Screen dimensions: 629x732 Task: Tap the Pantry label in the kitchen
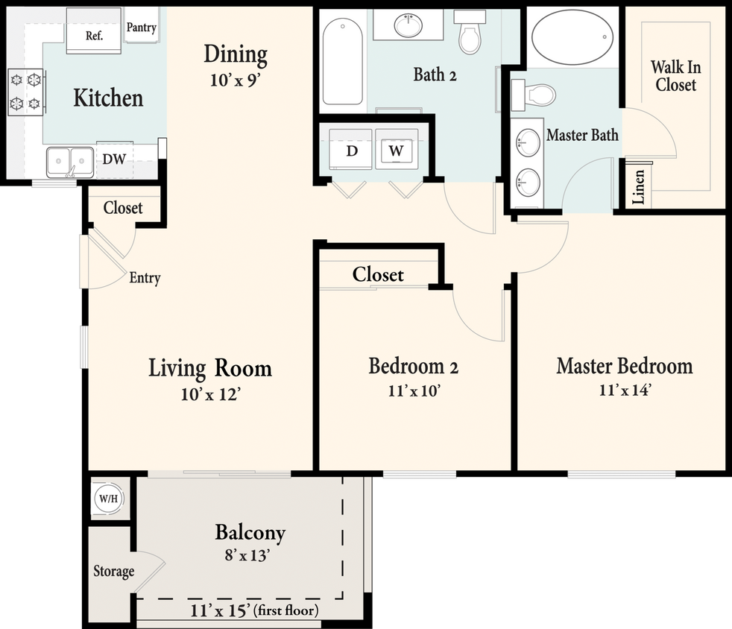[x=141, y=28]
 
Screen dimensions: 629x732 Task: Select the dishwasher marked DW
[x=113, y=159]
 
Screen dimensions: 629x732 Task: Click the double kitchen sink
[x=70, y=162]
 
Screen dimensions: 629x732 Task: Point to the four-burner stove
[x=25, y=91]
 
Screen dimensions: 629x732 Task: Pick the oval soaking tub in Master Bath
[x=572, y=37]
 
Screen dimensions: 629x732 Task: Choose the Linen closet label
[x=638, y=186]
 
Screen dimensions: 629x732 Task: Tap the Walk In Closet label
[x=676, y=76]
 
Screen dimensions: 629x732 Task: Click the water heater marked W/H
[x=107, y=499]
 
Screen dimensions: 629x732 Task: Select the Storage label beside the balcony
[x=113, y=572]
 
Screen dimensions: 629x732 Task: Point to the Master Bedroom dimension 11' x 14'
[x=624, y=390]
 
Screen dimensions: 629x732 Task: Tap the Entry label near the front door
[x=145, y=278]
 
